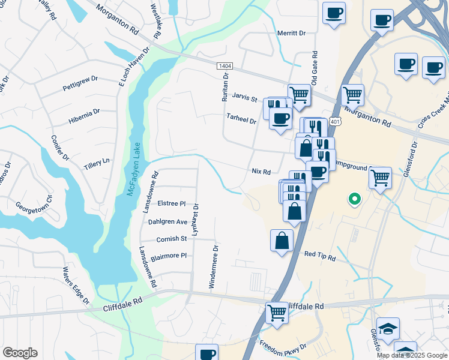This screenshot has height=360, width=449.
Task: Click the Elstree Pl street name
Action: click(x=172, y=204)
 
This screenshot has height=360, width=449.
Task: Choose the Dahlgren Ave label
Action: click(x=168, y=221)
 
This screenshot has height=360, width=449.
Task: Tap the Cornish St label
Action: click(x=172, y=239)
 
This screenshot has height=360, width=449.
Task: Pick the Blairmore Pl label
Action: click(x=169, y=256)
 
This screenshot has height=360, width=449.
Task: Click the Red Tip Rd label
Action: click(x=319, y=256)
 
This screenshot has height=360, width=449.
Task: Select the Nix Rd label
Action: click(x=261, y=172)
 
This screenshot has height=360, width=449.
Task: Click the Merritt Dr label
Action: click(x=292, y=34)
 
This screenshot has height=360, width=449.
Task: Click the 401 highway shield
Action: click(x=336, y=122)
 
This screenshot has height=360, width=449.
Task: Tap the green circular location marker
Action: click(x=355, y=198)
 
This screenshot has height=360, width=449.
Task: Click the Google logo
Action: click(x=20, y=353)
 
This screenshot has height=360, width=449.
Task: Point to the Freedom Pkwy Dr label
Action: click(x=283, y=347)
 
